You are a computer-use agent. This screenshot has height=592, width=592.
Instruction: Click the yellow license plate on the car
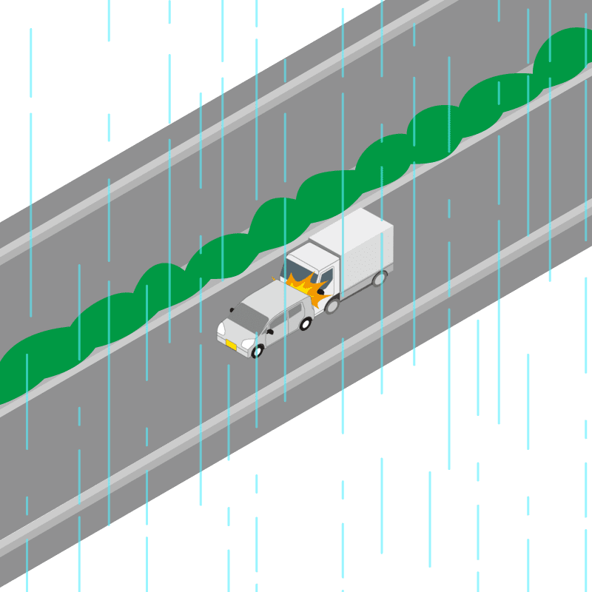231,345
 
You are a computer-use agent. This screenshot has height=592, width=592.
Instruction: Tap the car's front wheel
258,351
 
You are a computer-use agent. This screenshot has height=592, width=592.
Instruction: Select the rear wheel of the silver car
305,323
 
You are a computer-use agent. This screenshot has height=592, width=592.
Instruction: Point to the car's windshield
248,316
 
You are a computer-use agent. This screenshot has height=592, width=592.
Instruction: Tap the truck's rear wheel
380,278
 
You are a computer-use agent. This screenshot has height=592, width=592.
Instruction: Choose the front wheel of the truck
332,305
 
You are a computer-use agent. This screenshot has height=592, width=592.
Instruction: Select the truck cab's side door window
326,280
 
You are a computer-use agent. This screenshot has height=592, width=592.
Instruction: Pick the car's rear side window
296,311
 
